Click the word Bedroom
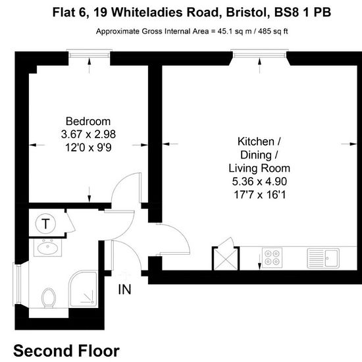click(88, 122)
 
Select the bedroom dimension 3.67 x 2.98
click(88, 134)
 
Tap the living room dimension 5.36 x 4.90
click(259, 182)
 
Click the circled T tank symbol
click(45, 224)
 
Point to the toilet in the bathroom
click(49, 297)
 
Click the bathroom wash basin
click(48, 247)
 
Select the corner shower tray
click(84, 289)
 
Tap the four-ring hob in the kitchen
click(272, 257)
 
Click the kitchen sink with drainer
click(323, 258)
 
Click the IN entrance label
click(124, 290)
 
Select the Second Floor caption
click(66, 351)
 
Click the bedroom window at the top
click(90, 55)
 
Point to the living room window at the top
click(259, 55)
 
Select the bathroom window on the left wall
click(17, 284)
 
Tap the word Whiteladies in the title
click(165, 13)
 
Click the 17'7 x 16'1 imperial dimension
click(260, 195)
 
